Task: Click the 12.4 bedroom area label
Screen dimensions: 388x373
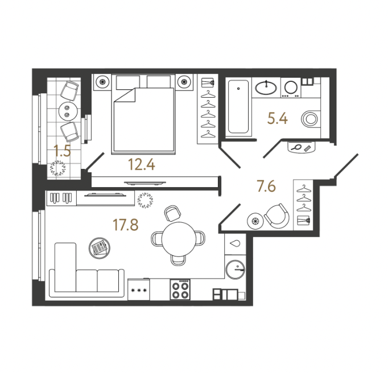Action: (142, 165)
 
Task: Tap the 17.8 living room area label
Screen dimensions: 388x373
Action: (126, 225)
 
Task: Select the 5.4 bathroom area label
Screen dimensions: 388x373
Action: (278, 118)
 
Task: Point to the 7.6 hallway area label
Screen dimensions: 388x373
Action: (266, 186)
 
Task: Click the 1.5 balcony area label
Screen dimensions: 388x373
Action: (63, 151)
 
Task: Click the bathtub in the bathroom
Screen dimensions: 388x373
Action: (238, 106)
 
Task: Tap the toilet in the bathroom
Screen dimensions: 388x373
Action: (311, 119)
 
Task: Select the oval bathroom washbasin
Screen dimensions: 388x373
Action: (266, 87)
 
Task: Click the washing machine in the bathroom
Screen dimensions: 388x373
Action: (291, 88)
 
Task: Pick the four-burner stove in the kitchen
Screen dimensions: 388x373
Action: (180, 289)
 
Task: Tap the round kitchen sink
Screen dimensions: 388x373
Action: (236, 270)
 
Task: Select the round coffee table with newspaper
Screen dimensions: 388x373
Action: (100, 248)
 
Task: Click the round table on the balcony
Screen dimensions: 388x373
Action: (68, 111)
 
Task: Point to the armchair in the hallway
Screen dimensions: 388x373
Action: (277, 216)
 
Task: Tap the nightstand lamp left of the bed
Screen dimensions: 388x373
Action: (102, 81)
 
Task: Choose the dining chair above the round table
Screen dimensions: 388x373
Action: (172, 213)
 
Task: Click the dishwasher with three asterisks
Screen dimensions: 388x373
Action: (139, 289)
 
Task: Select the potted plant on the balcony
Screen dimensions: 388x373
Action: (58, 168)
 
